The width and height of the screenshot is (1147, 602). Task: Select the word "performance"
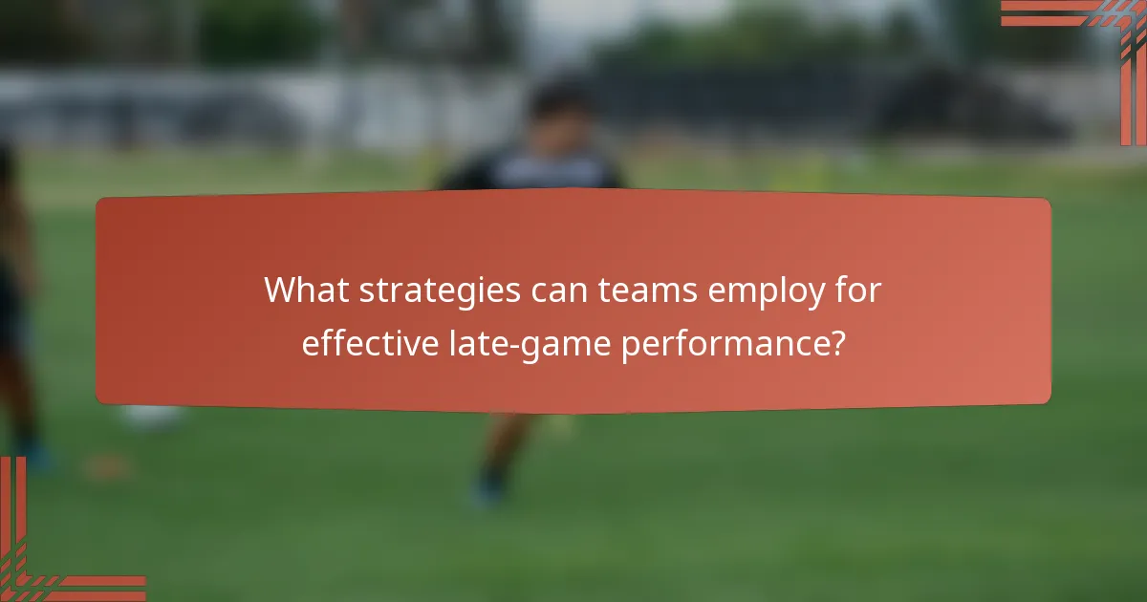click(x=724, y=343)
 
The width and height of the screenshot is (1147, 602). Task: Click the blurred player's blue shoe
click(x=487, y=490)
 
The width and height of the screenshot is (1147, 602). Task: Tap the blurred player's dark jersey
click(x=535, y=172)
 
